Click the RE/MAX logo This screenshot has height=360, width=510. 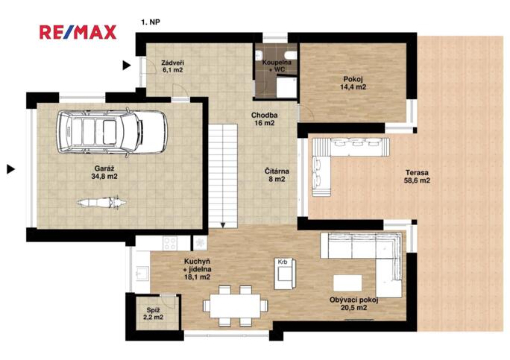pos(78,32)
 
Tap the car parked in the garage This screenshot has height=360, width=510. pos(112,132)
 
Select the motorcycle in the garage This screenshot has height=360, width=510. pos(102,202)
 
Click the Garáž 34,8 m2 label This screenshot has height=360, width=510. pos(104,172)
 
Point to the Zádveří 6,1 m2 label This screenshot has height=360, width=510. pos(172,66)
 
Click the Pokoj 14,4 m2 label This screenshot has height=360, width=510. pos(353,83)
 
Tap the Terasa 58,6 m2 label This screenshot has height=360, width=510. pos(417,177)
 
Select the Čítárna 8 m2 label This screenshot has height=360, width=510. pos(277,175)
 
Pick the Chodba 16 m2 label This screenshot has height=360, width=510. pos(265,119)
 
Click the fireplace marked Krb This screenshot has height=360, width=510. pos(286,274)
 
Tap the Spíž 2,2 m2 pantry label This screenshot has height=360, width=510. pos(153,314)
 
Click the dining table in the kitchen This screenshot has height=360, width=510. pos(235,306)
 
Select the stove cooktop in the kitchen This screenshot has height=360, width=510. pos(170,243)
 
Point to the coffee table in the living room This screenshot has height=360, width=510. pos(347,283)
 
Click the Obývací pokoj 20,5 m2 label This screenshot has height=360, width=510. pos(354,304)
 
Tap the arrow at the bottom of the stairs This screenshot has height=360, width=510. pos(223,225)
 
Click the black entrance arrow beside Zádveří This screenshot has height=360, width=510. pos(127,66)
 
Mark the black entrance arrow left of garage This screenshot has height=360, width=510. pos(11,169)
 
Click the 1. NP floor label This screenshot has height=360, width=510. pos(151,22)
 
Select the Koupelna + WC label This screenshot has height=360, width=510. pos(277,66)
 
